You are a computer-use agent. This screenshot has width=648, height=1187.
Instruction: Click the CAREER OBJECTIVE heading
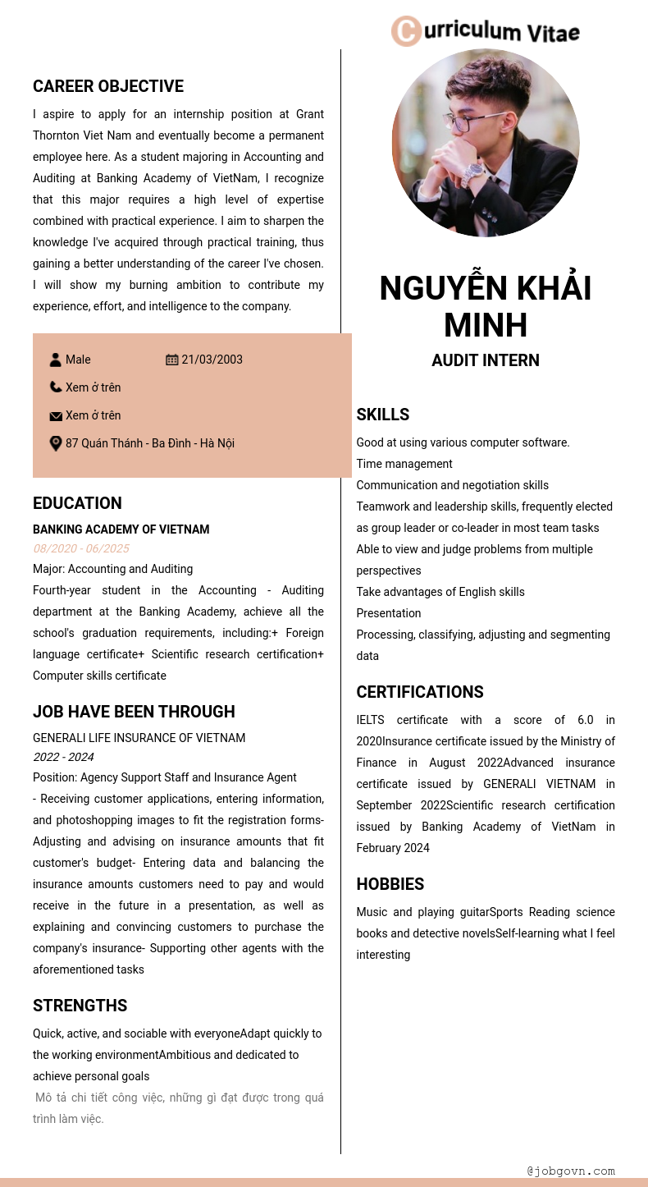pos(108,86)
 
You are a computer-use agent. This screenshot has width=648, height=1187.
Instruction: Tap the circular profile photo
pos(486,143)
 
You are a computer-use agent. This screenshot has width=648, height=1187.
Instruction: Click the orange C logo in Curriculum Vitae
pos(406,31)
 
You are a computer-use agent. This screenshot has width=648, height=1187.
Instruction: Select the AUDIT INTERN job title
pos(486,360)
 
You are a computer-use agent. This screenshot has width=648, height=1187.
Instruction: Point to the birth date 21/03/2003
pos(212,360)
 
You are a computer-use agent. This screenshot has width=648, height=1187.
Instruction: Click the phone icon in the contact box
pos(56,387)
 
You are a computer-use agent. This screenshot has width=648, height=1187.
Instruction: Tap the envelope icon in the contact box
pos(56,416)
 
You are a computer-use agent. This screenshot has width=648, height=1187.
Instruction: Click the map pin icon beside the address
pos(56,443)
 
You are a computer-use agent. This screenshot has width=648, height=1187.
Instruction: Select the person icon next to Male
pos(56,360)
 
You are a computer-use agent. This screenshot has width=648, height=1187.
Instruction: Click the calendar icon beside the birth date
pos(172,360)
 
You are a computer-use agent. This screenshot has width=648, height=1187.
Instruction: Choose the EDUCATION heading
pos(77,503)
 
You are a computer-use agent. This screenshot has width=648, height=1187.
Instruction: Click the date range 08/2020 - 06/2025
pos(81,548)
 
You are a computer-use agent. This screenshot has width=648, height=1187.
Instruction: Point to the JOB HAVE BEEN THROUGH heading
pos(134,712)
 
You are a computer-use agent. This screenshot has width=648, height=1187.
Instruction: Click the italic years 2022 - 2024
pos(63,757)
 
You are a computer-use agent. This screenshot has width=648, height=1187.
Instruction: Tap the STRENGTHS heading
pos(80,1006)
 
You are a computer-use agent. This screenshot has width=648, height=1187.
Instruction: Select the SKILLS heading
pos(382,415)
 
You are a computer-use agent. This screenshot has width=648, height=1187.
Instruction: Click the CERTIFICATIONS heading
pos(420,692)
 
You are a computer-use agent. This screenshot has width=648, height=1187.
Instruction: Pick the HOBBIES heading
pos(390,884)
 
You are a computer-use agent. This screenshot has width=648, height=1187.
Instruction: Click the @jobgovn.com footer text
pos(571,1171)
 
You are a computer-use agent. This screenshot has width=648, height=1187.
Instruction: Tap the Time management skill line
pos(404,464)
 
